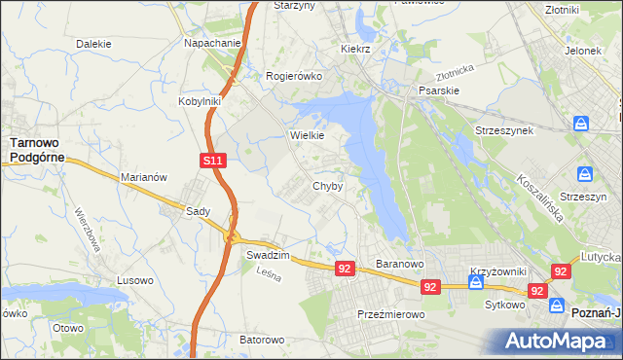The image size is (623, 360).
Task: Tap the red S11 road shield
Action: point(215,162)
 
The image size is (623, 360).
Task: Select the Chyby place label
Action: point(327,186)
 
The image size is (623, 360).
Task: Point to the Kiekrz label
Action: point(357,49)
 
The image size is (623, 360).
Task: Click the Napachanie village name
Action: point(213,44)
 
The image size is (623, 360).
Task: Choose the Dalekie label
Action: point(93,44)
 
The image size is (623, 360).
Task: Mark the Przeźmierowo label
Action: point(387,314)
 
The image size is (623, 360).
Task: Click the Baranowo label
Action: point(399,264)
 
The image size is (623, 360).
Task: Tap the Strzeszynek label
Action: point(503,130)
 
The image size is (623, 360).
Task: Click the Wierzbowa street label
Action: point(88,231)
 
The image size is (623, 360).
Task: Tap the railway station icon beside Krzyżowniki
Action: point(476,283)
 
